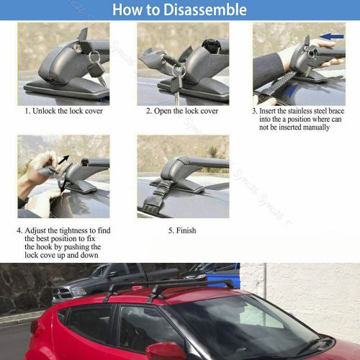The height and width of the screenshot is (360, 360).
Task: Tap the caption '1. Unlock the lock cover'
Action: [64, 111]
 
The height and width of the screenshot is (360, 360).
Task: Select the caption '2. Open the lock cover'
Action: [182, 111]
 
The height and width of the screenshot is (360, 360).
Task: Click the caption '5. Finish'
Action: [182, 230]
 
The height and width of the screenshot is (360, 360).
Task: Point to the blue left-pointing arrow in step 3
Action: [332, 37]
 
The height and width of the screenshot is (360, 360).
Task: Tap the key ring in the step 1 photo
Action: [94, 57]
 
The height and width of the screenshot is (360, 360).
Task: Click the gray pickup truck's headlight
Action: [79, 292]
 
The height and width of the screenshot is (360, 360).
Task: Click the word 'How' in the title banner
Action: [127, 9]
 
